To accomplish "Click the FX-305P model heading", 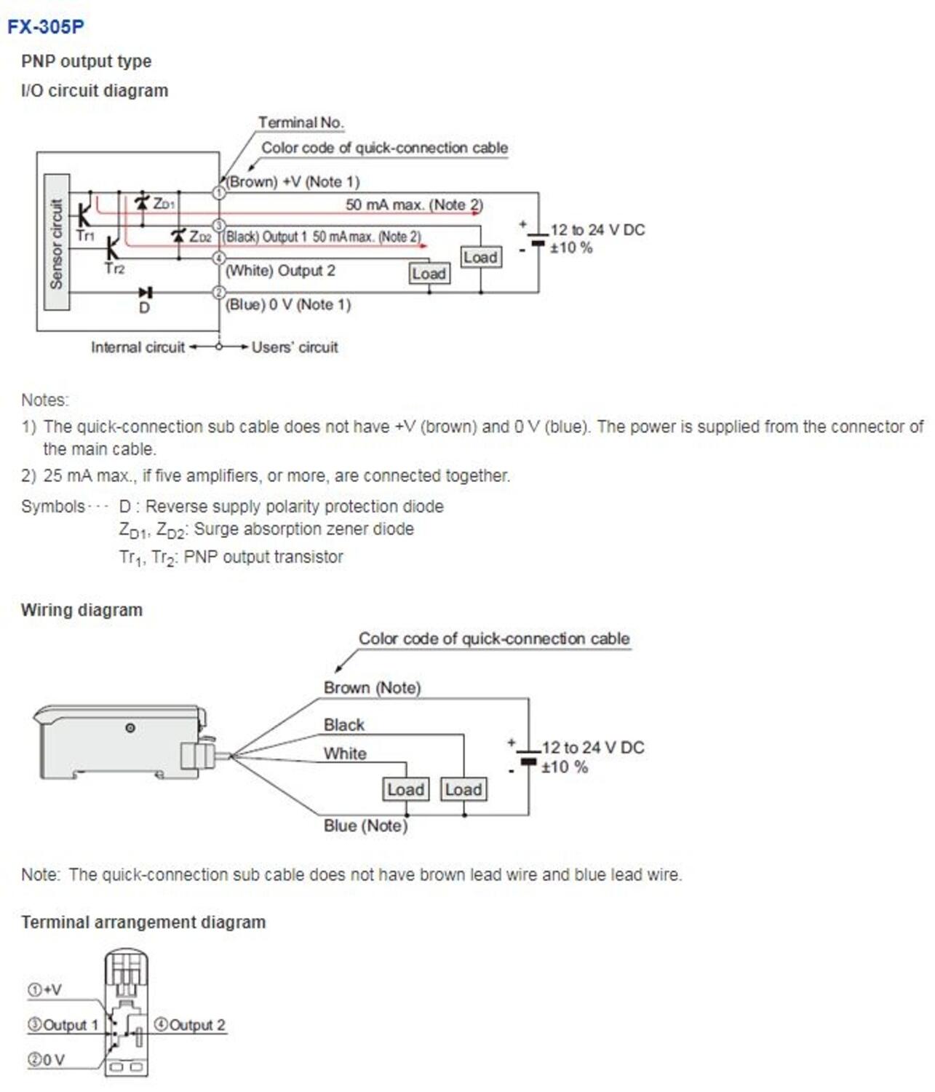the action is click(x=46, y=27).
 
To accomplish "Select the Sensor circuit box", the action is click(x=57, y=242).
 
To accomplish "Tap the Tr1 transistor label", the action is click(x=85, y=236).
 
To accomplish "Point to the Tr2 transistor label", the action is click(x=114, y=269).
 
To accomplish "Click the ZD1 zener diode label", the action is click(x=164, y=204).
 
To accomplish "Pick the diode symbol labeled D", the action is click(x=146, y=293).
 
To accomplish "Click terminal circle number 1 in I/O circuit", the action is click(x=218, y=193).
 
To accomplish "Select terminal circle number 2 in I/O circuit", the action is click(x=218, y=293).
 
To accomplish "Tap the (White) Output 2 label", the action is click(x=281, y=271).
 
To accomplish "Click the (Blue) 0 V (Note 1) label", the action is click(x=288, y=304).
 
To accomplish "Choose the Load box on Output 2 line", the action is click(x=429, y=274).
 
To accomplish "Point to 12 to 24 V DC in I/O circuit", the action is click(x=597, y=230).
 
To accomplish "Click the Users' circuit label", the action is click(x=295, y=347).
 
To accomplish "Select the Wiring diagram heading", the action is click(x=81, y=610).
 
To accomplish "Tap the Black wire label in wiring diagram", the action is click(x=344, y=724).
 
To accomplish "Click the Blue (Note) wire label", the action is click(x=365, y=826).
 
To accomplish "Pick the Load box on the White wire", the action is click(x=405, y=789).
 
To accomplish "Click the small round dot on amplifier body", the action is click(x=130, y=727).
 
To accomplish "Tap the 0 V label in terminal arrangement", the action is click(x=47, y=1060).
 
